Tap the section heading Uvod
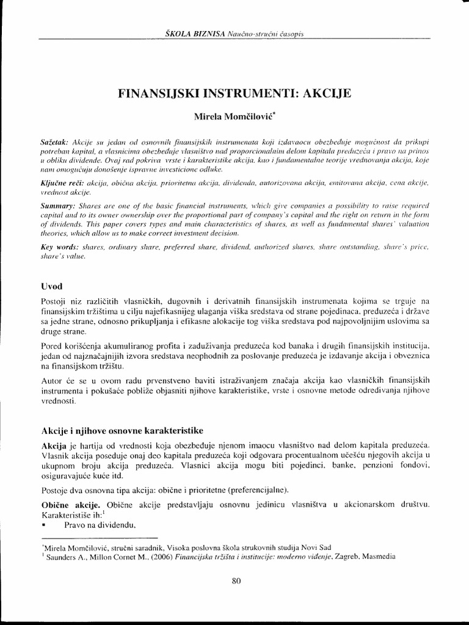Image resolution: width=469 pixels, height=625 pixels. coord(53,286)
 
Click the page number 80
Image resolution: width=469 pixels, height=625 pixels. coord(237,581)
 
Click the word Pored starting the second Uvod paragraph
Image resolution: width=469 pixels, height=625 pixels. coord(52,345)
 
